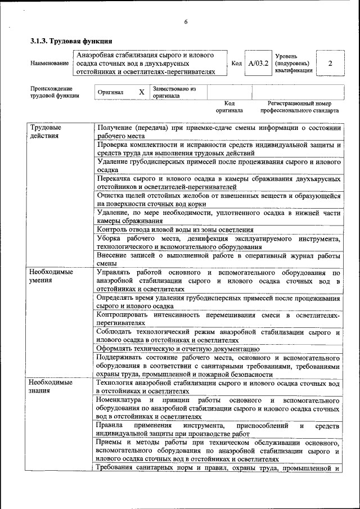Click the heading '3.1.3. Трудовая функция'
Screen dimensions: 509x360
(71, 41)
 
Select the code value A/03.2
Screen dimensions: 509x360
(259, 64)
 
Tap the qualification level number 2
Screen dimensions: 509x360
(330, 64)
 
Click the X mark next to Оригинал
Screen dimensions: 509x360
(142, 92)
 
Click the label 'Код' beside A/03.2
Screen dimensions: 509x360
(237, 64)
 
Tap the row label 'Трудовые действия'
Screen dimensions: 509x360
(46, 132)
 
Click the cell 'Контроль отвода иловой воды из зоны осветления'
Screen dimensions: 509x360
(175, 229)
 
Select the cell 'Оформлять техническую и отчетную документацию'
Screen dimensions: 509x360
(178, 349)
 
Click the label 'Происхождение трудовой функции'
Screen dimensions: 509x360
(55, 92)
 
